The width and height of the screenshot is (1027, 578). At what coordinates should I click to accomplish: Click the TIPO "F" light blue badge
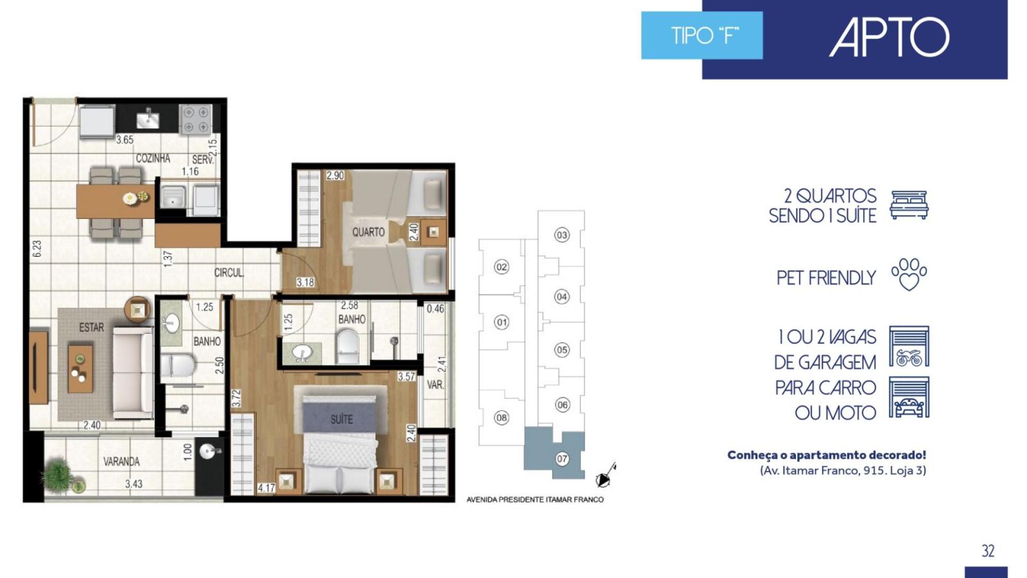coord(702,35)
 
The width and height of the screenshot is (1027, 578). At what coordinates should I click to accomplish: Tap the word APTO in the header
coord(889,37)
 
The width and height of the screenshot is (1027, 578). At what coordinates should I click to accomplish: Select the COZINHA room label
coord(153,158)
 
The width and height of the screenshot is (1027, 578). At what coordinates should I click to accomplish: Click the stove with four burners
coord(195,119)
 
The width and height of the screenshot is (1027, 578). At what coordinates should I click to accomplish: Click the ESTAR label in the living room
coord(91,328)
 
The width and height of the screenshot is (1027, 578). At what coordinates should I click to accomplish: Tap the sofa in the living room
coord(133,372)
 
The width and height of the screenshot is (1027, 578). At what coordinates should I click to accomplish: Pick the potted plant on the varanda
coord(60,475)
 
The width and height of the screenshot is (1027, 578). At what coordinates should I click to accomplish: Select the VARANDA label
coord(121,462)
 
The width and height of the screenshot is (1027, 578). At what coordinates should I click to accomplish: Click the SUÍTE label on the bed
coord(341,419)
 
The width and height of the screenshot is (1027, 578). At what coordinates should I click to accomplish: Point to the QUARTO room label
coord(368,232)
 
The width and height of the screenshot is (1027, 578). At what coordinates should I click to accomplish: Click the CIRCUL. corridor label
coord(229,272)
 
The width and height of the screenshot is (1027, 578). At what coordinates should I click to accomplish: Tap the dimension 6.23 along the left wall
coord(37,249)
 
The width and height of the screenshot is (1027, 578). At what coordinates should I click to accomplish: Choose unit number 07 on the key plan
coord(562,459)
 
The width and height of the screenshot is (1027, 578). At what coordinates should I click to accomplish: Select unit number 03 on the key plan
coord(562,235)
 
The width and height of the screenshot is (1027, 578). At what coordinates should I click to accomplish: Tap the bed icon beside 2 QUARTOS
coord(909,205)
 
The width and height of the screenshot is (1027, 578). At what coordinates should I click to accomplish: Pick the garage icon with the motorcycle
coord(909,346)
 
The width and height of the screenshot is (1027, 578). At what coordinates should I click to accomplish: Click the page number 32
coord(988,550)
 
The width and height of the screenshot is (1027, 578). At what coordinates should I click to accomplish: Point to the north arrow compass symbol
coord(605,476)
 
